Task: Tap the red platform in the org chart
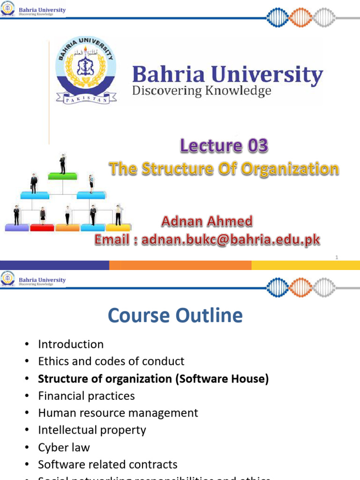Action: [42, 228]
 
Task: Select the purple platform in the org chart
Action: [17, 228]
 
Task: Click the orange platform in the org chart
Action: [67, 228]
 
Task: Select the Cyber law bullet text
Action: [64, 447]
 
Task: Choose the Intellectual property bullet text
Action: [92, 430]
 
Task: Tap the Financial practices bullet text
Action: [86, 396]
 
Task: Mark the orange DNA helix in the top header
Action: [300, 17]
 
